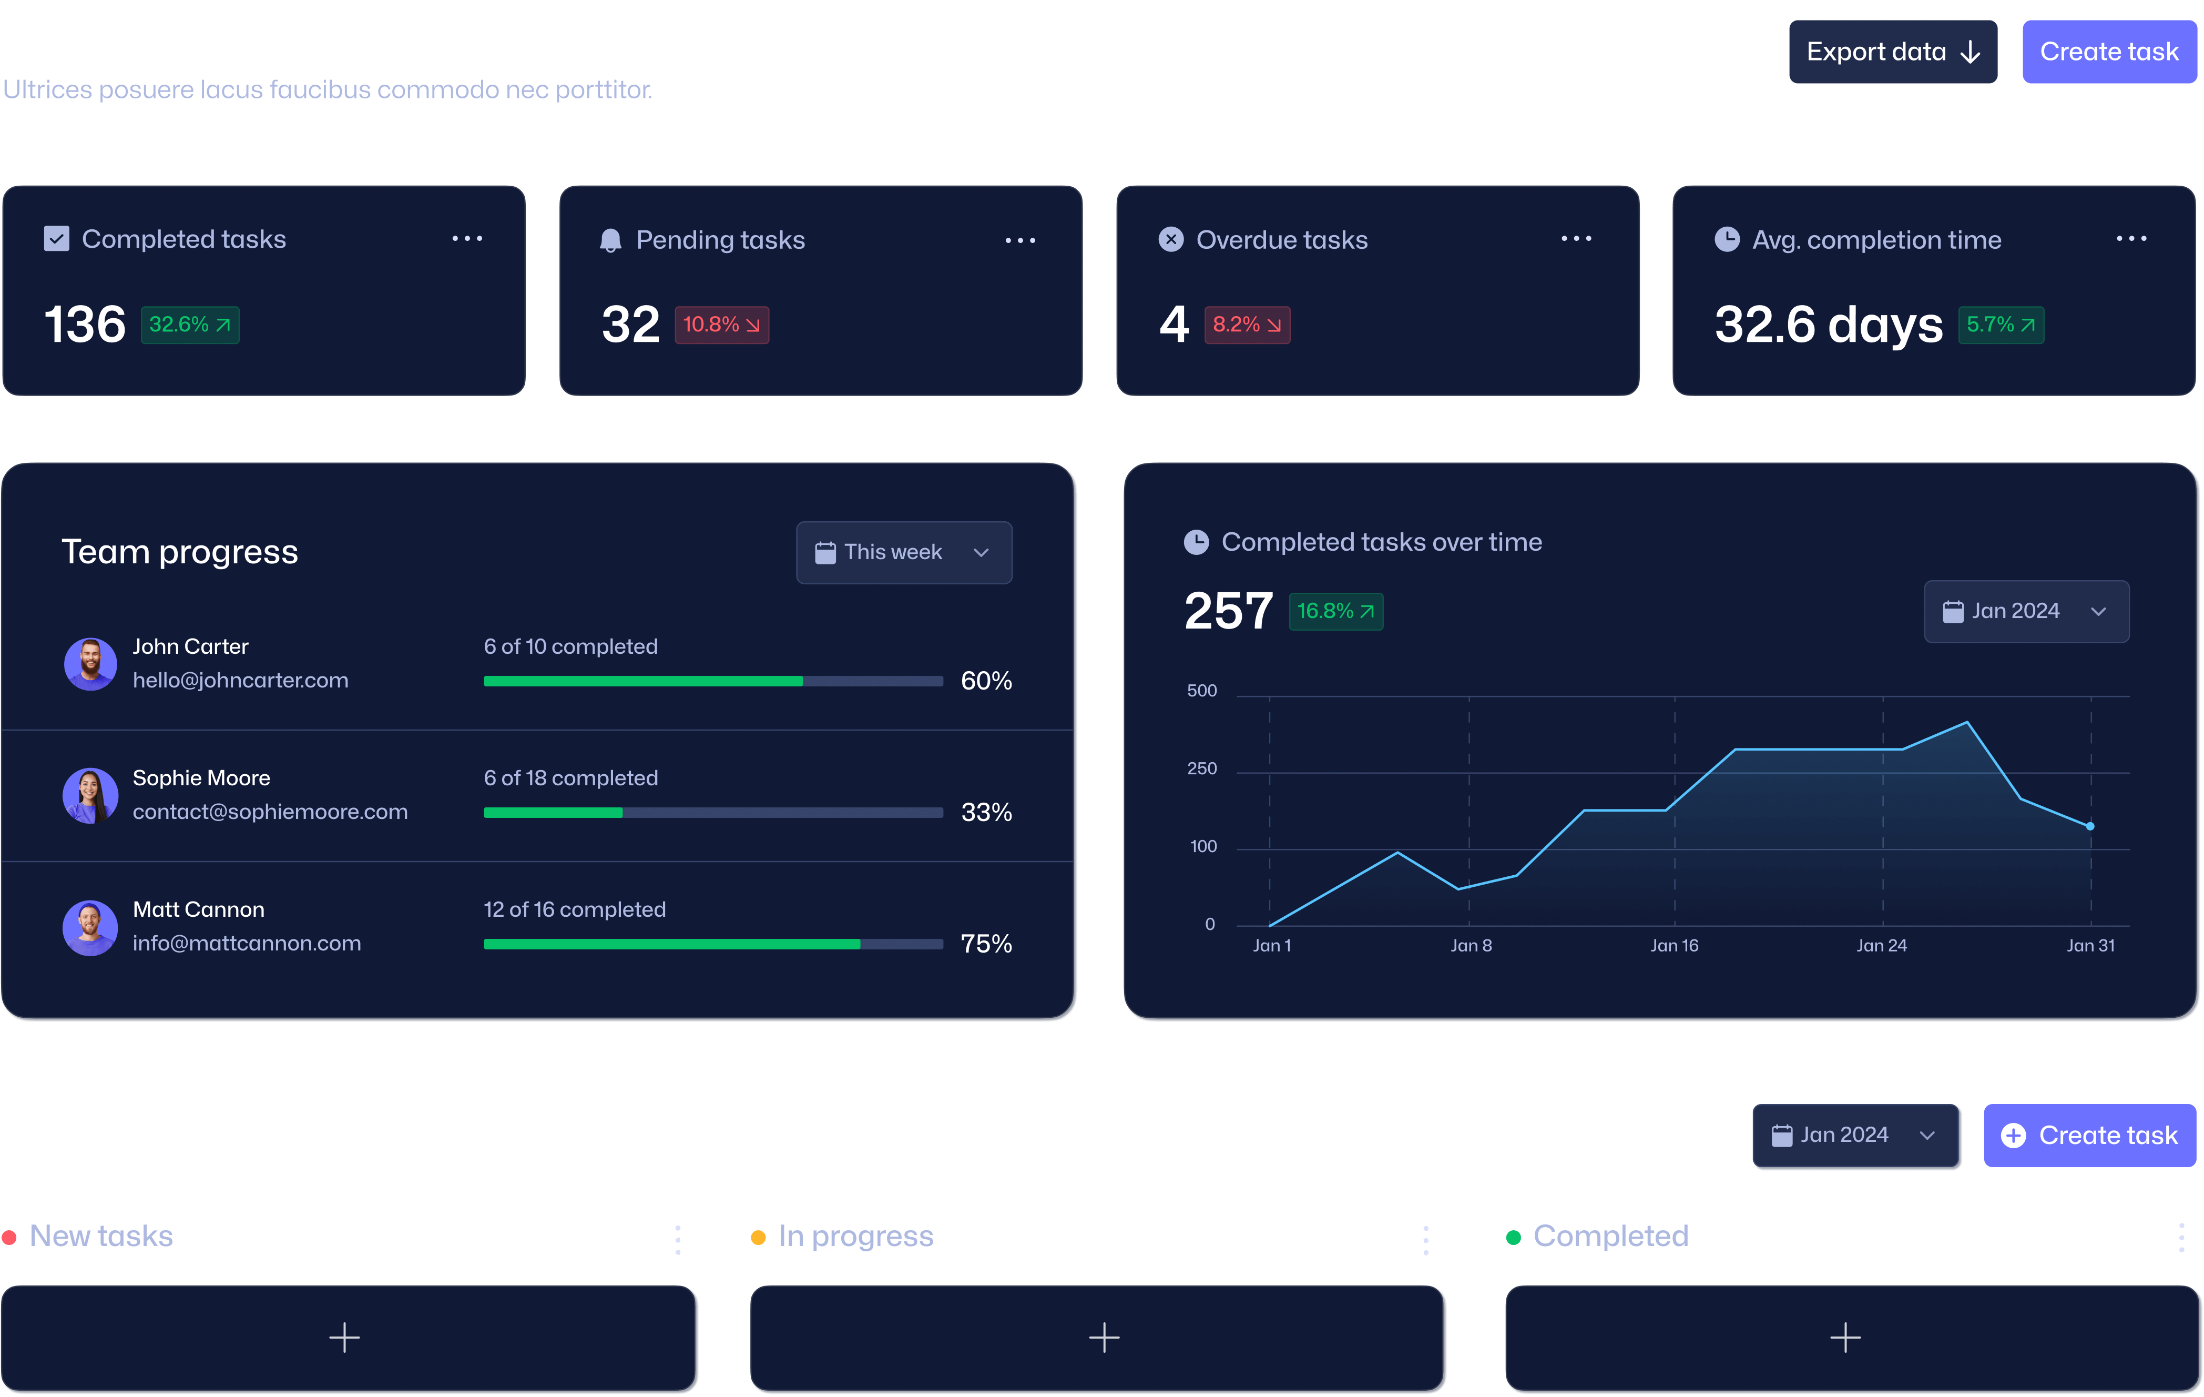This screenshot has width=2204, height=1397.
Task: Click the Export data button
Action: point(1892,52)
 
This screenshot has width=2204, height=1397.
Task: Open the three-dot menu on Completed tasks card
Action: point(467,239)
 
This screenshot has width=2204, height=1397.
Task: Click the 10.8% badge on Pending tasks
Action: point(721,325)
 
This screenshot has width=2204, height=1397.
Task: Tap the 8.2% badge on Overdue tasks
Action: point(1247,325)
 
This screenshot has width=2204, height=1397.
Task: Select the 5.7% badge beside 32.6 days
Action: point(2000,325)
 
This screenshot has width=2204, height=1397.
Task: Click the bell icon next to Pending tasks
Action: point(609,241)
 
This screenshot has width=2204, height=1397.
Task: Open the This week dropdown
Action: point(903,553)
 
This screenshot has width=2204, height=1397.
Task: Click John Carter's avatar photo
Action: point(90,664)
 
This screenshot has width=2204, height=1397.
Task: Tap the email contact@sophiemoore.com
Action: point(270,812)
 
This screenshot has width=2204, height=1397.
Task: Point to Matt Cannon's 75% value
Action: point(986,944)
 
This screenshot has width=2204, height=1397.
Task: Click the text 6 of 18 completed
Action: point(570,778)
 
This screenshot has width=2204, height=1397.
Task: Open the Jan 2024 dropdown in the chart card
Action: point(2026,612)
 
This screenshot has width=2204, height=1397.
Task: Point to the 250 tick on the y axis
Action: point(1202,769)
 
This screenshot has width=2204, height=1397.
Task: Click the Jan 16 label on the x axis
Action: point(1674,946)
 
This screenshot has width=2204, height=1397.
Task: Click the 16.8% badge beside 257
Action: point(1335,612)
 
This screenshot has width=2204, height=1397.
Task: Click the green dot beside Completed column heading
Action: point(1513,1238)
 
